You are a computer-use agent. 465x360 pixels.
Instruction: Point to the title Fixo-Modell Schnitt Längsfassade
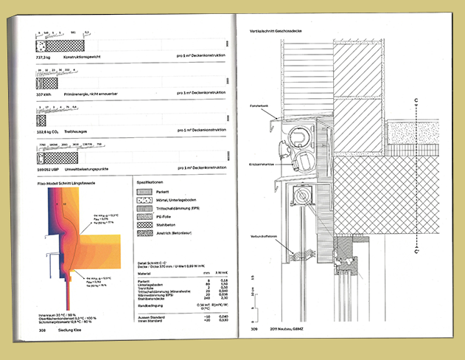[68, 180]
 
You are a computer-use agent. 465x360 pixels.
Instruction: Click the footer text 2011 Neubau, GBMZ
[283, 329]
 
